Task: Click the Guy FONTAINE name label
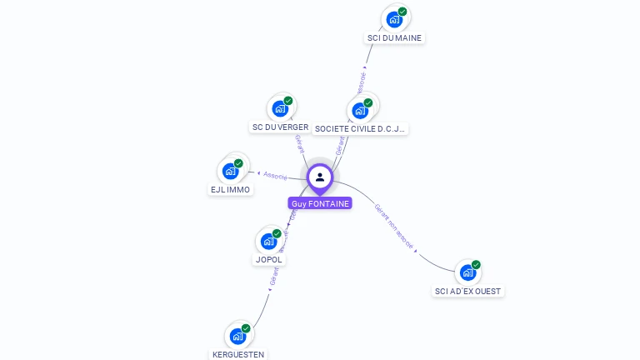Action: [x=320, y=203]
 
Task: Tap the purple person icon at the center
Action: [x=320, y=177]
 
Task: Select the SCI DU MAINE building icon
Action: [x=395, y=20]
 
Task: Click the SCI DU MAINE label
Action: [x=395, y=38]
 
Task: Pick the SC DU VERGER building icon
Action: [x=281, y=108]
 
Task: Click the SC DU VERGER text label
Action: [x=280, y=127]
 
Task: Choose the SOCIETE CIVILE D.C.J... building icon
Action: [x=361, y=110]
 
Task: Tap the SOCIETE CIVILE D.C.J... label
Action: [x=360, y=129]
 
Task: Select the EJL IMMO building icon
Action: [x=231, y=171]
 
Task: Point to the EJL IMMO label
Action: [x=230, y=190]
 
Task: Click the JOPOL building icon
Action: [x=268, y=241]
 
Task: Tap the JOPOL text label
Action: [x=269, y=260]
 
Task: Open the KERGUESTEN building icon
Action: [x=238, y=336]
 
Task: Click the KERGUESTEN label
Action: [x=238, y=355]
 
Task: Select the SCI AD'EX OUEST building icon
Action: [x=468, y=272]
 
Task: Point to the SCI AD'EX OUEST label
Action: [x=468, y=292]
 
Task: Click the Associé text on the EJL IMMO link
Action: [x=275, y=176]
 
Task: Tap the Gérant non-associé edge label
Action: [x=393, y=226]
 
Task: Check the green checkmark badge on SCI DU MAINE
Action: [x=402, y=12]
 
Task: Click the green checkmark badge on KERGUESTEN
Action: [x=246, y=328]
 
